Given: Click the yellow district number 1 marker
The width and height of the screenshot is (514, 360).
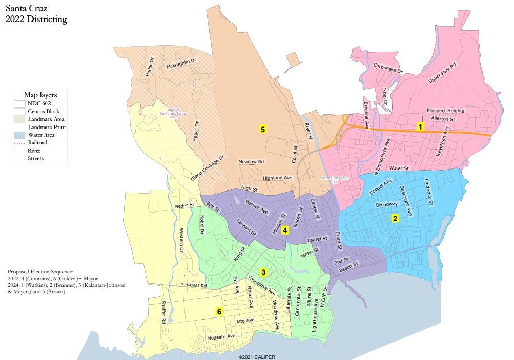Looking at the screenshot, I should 420,126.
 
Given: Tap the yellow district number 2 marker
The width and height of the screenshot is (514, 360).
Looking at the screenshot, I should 395,218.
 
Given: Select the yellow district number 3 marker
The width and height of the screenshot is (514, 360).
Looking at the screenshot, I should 263,272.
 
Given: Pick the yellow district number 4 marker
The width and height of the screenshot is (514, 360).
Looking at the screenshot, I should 285,230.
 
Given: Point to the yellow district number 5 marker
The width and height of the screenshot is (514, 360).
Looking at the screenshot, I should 263,130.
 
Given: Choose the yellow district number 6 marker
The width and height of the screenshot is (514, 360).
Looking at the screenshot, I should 219,311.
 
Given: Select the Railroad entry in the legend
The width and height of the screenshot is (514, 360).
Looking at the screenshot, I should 38,143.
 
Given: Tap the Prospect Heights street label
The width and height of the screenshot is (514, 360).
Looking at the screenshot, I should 445,111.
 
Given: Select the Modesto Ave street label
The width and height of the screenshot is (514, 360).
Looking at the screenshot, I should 220,338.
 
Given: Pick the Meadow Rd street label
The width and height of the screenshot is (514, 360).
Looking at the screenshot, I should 251,162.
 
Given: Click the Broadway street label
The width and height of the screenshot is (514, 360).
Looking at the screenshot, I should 386,205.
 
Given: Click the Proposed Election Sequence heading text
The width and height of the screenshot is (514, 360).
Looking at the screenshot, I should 40,271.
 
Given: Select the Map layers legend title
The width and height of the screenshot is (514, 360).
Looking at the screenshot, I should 40,95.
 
